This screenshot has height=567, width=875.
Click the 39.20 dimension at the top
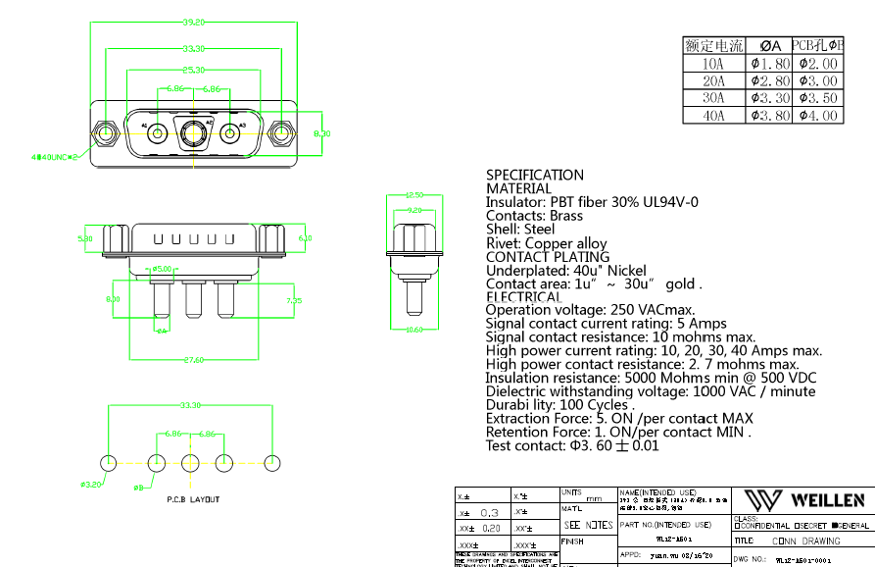pos(192,22)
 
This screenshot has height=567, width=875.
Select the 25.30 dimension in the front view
pos(193,70)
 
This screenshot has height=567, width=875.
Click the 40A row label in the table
pos(713,116)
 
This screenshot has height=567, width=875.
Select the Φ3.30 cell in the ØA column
pos(769,98)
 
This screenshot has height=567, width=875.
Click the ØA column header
pos(769,45)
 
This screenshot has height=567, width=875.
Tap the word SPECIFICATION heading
pos(535,176)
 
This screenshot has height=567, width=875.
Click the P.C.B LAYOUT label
pos(193,499)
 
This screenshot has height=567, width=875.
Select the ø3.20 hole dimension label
pos(91,485)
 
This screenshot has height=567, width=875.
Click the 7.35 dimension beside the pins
pos(293,301)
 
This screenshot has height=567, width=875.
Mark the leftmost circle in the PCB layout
pos(108,463)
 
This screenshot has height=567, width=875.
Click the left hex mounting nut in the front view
pos(103,130)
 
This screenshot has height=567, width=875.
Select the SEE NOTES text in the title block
pos(588,525)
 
